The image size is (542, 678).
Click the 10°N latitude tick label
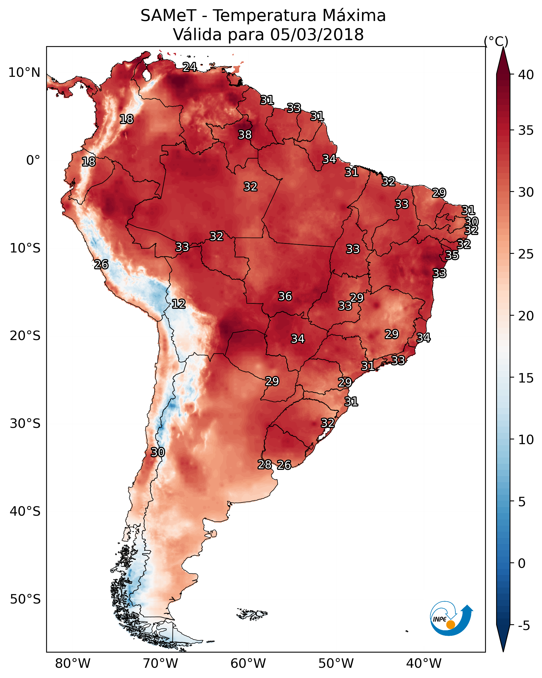pos(24,73)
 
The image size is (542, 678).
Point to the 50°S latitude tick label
pos(25,599)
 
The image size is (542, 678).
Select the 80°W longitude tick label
pos(73,664)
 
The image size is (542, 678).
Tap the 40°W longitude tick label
pos(424,664)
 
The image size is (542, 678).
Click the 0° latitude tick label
pos(33,160)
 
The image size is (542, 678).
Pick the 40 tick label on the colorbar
pos(526,75)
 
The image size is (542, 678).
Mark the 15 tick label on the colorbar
pos(526,378)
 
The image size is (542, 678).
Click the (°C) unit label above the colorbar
pos(496,41)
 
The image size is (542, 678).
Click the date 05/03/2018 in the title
pos(317,35)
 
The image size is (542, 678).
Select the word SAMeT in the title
pos(168,16)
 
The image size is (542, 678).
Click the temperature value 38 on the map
pos(245,134)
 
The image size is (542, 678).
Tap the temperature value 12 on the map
pos(179,304)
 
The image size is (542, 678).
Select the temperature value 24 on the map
pos(190,67)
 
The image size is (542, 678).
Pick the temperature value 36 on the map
pos(285,296)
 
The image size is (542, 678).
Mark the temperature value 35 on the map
pos(452,255)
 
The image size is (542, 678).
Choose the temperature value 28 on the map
pos(265,464)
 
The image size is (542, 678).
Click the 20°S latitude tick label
pos(25,336)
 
